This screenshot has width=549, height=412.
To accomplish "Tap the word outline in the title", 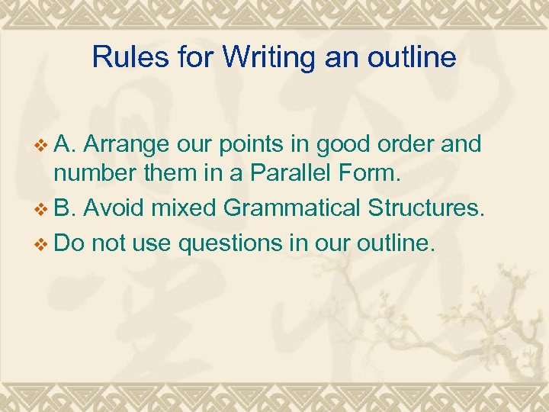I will click(x=409, y=57).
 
